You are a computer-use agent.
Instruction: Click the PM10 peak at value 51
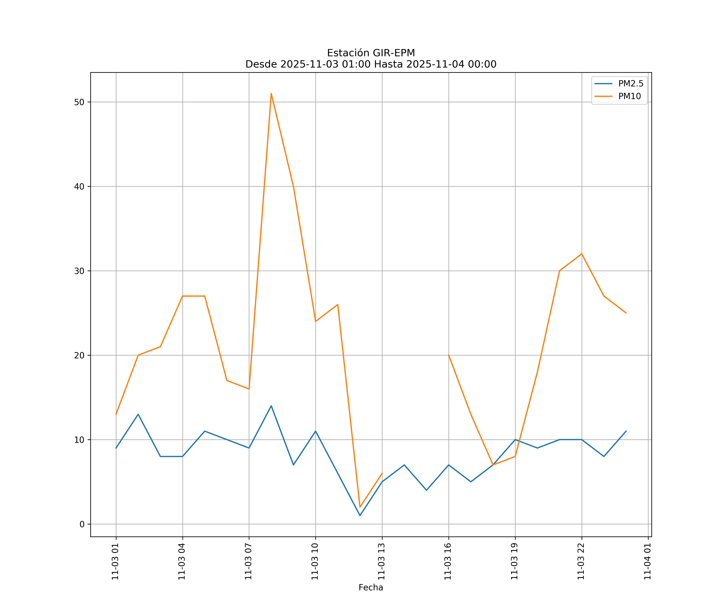click(x=271, y=93)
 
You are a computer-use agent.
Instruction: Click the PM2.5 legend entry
click(x=630, y=84)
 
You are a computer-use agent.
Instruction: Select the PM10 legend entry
click(x=629, y=96)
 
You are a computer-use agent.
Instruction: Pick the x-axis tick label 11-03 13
click(x=381, y=561)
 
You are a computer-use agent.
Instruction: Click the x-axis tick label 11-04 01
click(x=647, y=561)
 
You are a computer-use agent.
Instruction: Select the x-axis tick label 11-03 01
click(x=115, y=561)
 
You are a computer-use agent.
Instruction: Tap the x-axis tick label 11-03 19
click(x=514, y=561)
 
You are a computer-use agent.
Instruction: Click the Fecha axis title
click(x=371, y=588)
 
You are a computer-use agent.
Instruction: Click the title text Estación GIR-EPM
click(x=371, y=53)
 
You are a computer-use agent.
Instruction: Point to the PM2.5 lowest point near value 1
click(x=360, y=516)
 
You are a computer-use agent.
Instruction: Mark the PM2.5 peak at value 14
click(x=271, y=406)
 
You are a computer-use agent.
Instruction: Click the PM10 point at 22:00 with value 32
click(x=582, y=254)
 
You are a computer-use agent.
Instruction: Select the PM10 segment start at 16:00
click(x=448, y=355)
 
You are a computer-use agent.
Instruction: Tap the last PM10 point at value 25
click(x=626, y=313)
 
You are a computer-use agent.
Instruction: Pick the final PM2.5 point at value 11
click(x=626, y=431)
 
